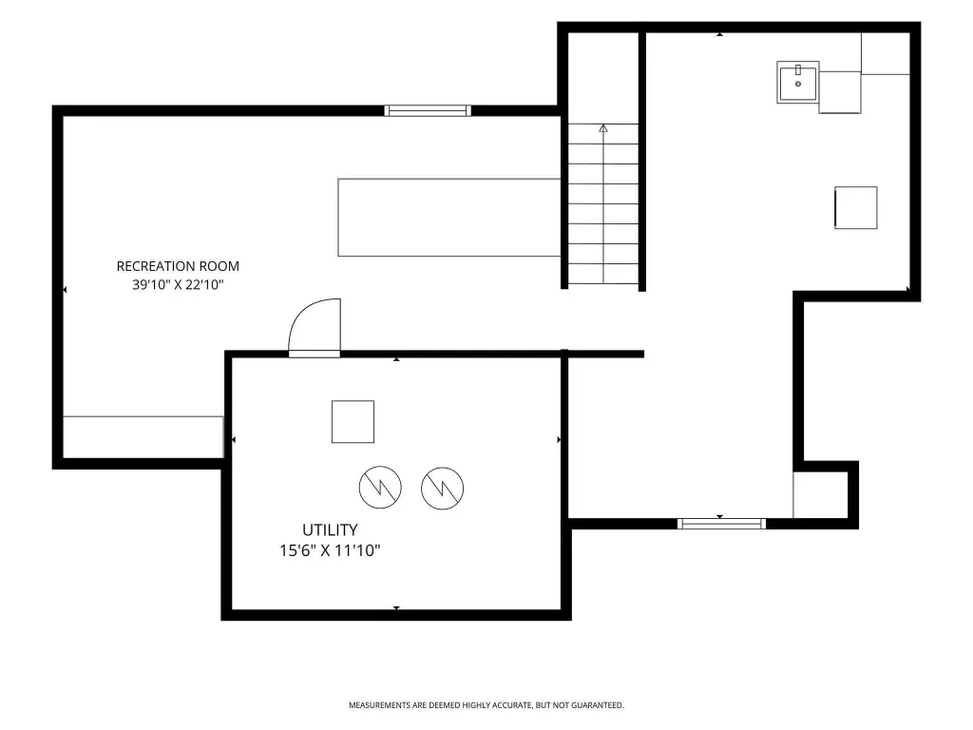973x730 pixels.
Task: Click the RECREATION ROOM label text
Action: [178, 266]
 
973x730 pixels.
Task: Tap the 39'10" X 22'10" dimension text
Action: [178, 285]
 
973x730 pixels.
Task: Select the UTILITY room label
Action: [330, 530]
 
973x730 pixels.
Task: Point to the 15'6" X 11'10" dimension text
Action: [330, 550]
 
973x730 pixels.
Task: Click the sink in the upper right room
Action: [798, 82]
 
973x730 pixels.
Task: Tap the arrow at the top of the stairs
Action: [603, 128]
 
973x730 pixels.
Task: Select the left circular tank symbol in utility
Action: [380, 488]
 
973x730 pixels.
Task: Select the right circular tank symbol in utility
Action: [442, 488]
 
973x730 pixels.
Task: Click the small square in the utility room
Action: [353, 422]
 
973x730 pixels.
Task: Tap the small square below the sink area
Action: [856, 208]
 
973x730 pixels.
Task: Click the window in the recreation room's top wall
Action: [428, 110]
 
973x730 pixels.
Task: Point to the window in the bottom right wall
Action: [721, 524]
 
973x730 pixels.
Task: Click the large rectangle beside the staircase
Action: [449, 218]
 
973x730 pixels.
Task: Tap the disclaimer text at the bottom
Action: [486, 705]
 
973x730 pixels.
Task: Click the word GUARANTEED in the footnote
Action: [597, 705]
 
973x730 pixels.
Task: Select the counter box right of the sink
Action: [840, 92]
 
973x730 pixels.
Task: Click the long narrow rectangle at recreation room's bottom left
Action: [143, 437]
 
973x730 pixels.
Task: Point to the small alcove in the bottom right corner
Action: [820, 494]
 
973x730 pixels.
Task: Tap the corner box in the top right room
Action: [886, 53]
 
